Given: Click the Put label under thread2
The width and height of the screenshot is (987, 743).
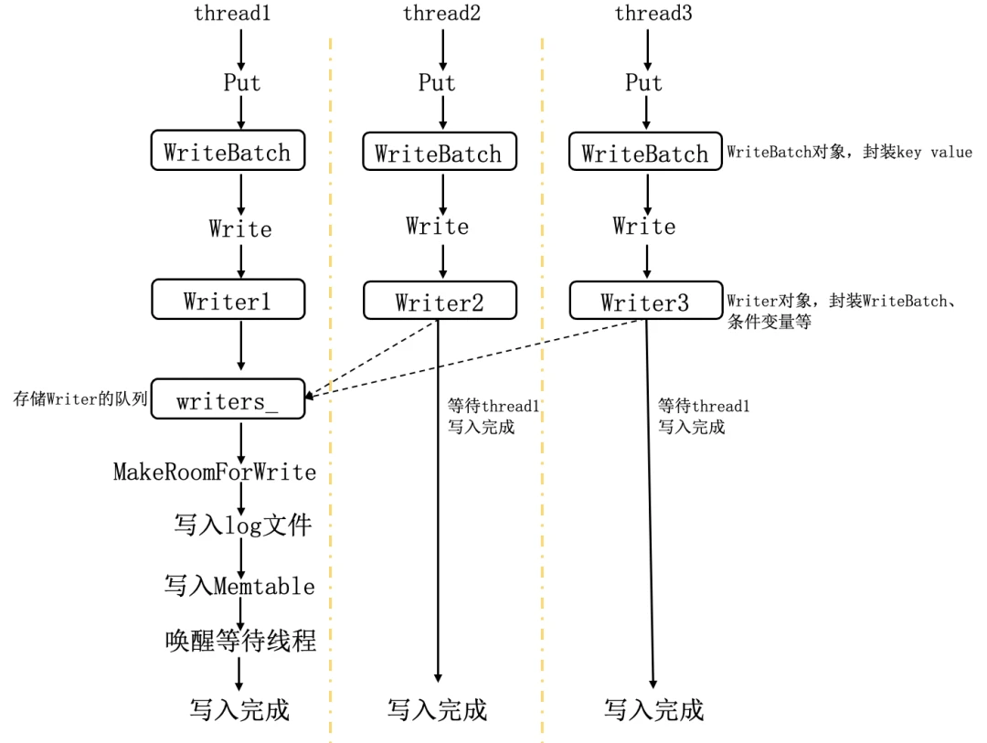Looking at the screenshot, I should tap(437, 82).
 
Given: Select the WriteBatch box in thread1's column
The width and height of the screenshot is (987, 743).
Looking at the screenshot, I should tap(228, 152).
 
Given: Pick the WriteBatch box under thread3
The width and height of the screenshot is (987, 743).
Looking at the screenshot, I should tap(644, 154).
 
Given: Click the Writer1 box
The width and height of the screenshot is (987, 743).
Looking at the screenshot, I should tap(228, 301).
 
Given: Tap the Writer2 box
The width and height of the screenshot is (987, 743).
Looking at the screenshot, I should tap(440, 303).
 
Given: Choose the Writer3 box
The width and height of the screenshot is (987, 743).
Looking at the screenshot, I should tap(645, 303).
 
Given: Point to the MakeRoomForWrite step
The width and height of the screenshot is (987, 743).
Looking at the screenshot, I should tap(215, 472).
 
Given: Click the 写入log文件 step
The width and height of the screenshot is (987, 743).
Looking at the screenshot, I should tap(243, 525).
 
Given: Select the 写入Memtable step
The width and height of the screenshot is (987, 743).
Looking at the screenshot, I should tap(239, 586).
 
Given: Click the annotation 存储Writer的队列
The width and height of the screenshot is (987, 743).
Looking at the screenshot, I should tap(80, 399).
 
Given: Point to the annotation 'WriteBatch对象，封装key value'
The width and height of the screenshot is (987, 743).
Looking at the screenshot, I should tap(849, 153).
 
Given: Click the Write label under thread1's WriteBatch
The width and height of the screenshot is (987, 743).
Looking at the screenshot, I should tap(240, 228).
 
